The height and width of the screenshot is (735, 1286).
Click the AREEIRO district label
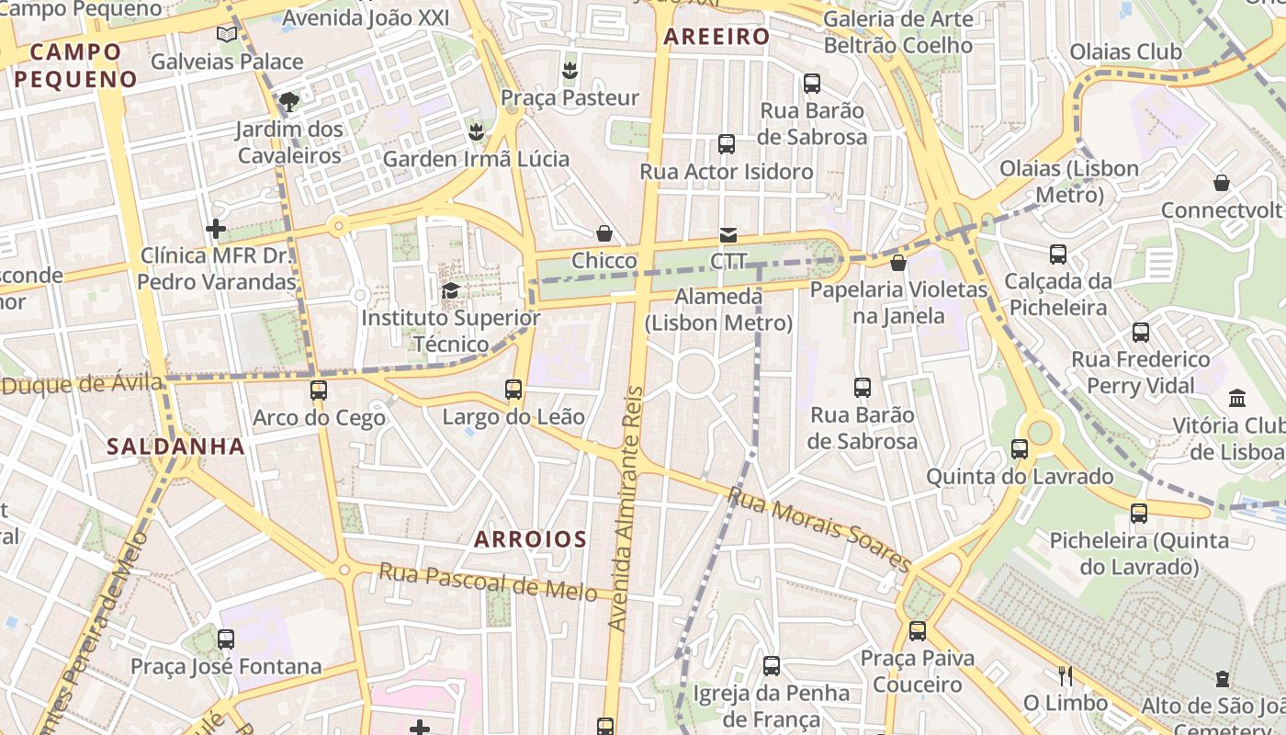tap(716, 37)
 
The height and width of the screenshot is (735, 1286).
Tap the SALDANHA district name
tap(175, 447)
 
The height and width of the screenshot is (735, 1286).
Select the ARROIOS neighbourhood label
tap(530, 539)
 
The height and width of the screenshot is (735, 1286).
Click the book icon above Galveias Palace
tap(226, 34)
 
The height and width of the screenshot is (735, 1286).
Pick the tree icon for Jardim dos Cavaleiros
tap(289, 101)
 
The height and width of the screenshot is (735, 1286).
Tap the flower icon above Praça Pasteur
tap(570, 70)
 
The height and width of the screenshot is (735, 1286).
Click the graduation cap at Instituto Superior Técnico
tap(450, 291)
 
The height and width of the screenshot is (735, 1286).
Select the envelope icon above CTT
tap(728, 235)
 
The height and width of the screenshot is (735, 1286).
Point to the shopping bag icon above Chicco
tap(604, 233)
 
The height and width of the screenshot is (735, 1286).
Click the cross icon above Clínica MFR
tap(216, 228)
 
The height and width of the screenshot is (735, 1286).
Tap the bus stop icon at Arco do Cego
tap(319, 390)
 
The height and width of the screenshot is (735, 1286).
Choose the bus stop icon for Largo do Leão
tap(513, 390)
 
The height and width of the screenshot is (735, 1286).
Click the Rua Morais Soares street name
tap(819, 530)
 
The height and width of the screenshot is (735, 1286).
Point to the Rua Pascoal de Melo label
tap(495, 582)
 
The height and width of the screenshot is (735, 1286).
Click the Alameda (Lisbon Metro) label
tap(717, 310)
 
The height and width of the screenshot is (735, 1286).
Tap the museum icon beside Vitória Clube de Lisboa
tap(1237, 399)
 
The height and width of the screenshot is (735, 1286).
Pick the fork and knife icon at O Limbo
tap(1066, 676)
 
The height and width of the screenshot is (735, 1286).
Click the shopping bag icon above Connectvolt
tap(1222, 183)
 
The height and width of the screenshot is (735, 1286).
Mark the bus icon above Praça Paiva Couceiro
tap(917, 631)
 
